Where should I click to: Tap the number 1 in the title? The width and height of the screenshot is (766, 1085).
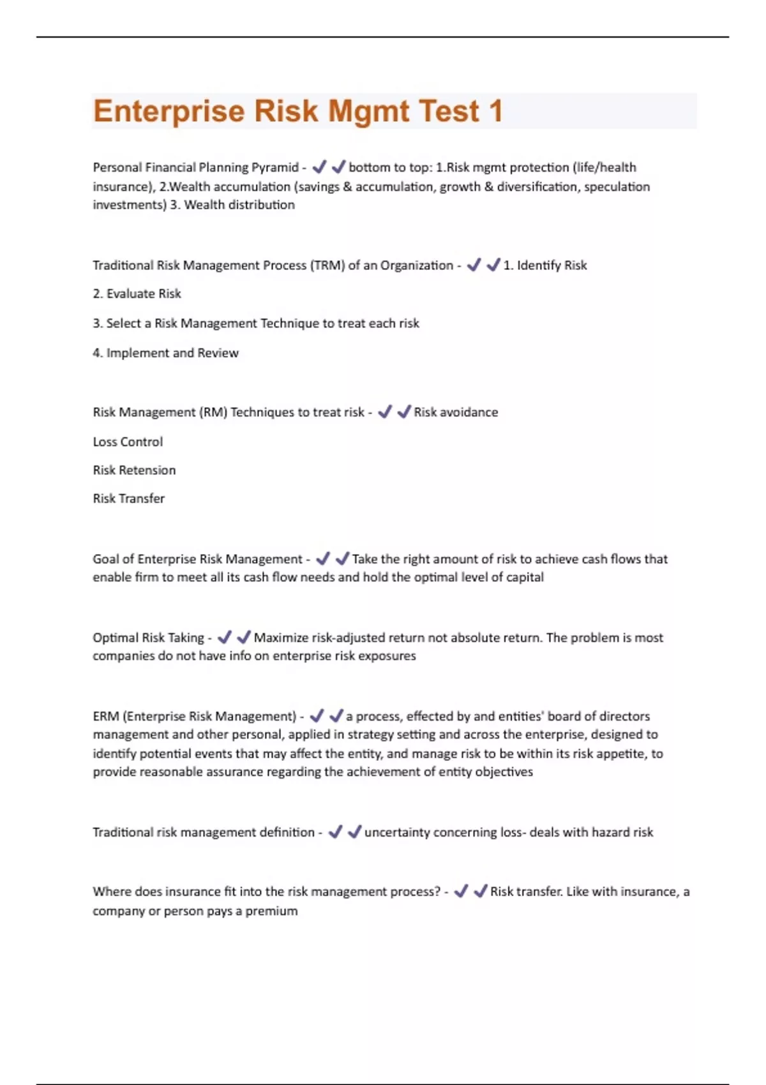495,111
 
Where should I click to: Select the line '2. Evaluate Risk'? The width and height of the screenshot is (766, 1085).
137,294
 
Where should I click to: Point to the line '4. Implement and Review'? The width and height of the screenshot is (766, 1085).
165,353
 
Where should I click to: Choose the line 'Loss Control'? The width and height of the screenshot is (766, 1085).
128,442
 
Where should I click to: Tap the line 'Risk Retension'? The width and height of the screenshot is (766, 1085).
134,470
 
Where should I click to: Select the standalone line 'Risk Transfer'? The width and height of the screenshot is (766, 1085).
128,498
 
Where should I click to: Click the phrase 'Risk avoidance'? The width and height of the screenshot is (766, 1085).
456,412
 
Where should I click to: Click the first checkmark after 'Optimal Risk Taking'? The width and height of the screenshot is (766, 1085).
224,637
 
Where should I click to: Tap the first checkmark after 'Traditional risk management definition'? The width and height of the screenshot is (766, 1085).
335,832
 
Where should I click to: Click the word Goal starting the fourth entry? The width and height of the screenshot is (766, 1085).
105,559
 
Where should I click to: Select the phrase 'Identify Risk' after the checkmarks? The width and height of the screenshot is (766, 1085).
552,266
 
